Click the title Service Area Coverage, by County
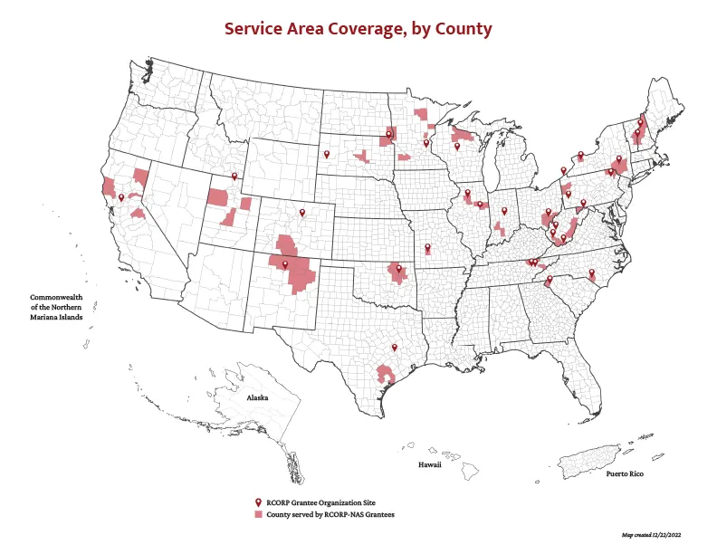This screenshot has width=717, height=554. tap(358, 29)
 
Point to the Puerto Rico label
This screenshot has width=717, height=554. tap(625, 474)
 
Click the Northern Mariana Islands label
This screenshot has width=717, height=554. tap(56, 307)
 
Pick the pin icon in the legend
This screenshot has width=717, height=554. tap(258, 501)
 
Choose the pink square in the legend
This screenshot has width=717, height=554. tap(258, 514)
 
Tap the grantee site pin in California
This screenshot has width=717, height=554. tap(121, 196)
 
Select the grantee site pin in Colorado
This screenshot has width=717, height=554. tap(303, 213)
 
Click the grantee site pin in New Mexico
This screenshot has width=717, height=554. tap(285, 263)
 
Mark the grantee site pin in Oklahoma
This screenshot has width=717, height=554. tap(398, 268)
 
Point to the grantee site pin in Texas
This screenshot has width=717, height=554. tap(395, 346)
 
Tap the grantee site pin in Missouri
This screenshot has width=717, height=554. tap(427, 245)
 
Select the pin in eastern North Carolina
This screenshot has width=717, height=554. tap(591, 272)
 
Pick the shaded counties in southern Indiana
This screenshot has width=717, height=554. tap(500, 230)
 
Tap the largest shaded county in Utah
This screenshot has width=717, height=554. tap(218, 196)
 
